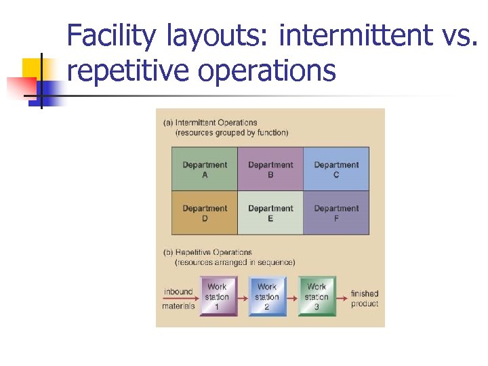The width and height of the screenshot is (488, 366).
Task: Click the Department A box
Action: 205,169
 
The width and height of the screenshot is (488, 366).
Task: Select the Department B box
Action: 270,169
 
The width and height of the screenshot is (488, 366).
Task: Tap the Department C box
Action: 336,169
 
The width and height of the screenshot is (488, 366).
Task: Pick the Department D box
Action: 205,213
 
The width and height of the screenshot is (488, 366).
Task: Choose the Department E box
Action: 270,213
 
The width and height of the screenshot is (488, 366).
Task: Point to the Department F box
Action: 336,213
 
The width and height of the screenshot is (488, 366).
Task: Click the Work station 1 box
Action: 217,297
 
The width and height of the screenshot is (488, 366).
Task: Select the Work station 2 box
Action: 267,297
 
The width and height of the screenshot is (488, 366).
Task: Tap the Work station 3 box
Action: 317,297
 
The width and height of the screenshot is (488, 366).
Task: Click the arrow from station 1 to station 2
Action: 242,297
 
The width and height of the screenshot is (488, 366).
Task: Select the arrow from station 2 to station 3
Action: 291,297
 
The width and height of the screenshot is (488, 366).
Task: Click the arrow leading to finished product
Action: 342,297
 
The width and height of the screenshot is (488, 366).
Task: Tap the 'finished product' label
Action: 365,299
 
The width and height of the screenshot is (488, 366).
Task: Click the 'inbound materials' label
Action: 178,299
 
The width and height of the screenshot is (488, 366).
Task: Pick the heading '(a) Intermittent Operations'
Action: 210,123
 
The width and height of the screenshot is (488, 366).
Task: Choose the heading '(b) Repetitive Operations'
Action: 208,252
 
